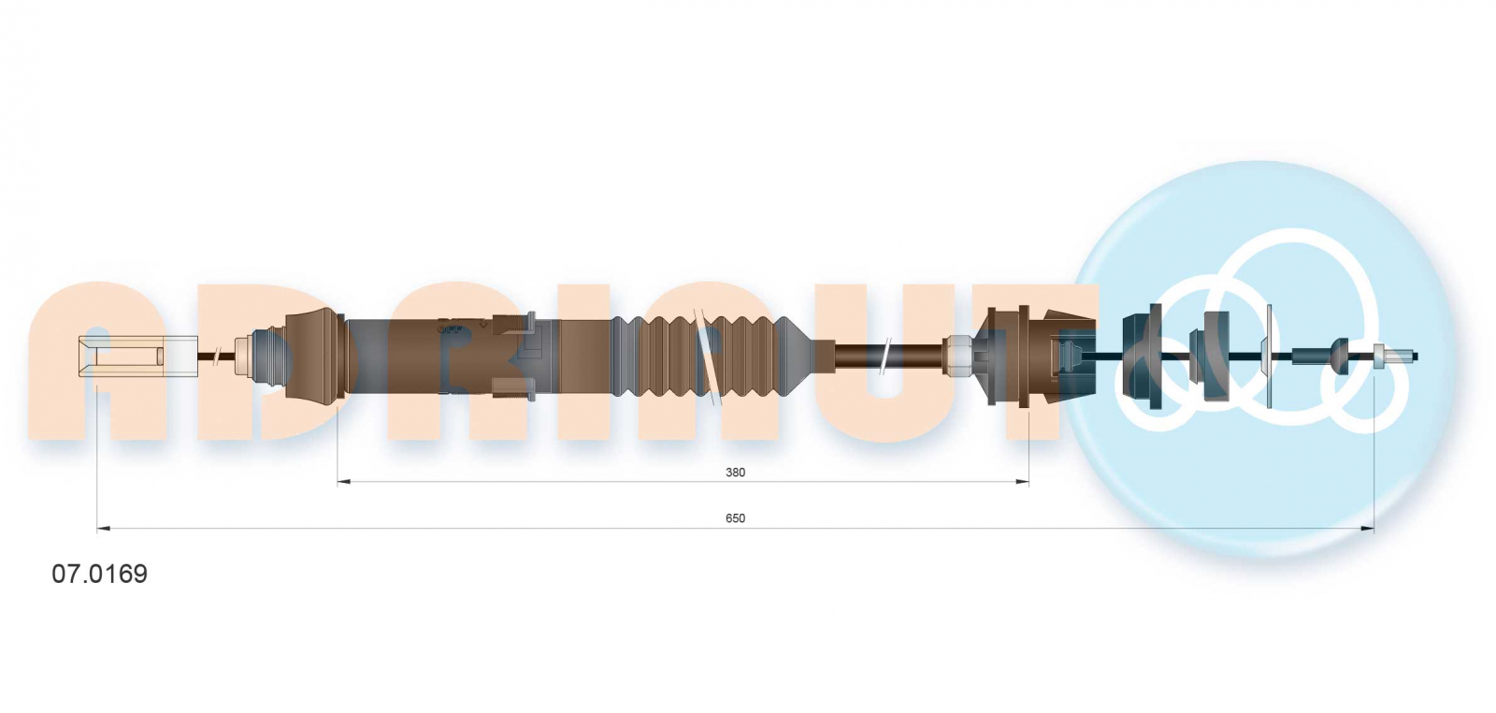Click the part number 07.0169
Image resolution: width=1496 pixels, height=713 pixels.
click(99, 574)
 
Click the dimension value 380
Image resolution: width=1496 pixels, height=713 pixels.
click(735, 473)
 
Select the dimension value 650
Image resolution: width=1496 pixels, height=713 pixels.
click(735, 518)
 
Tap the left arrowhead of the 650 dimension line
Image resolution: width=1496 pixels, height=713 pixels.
click(103, 529)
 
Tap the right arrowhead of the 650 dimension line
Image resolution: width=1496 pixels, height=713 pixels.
click(1368, 529)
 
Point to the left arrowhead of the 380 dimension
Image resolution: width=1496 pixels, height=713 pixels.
click(343, 481)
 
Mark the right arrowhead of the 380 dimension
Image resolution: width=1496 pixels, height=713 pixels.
click(1022, 481)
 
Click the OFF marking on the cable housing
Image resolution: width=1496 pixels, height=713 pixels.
click(450, 328)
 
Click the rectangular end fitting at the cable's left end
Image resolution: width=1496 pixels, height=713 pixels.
click(138, 356)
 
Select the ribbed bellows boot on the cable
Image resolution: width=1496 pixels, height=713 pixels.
click(712, 356)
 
